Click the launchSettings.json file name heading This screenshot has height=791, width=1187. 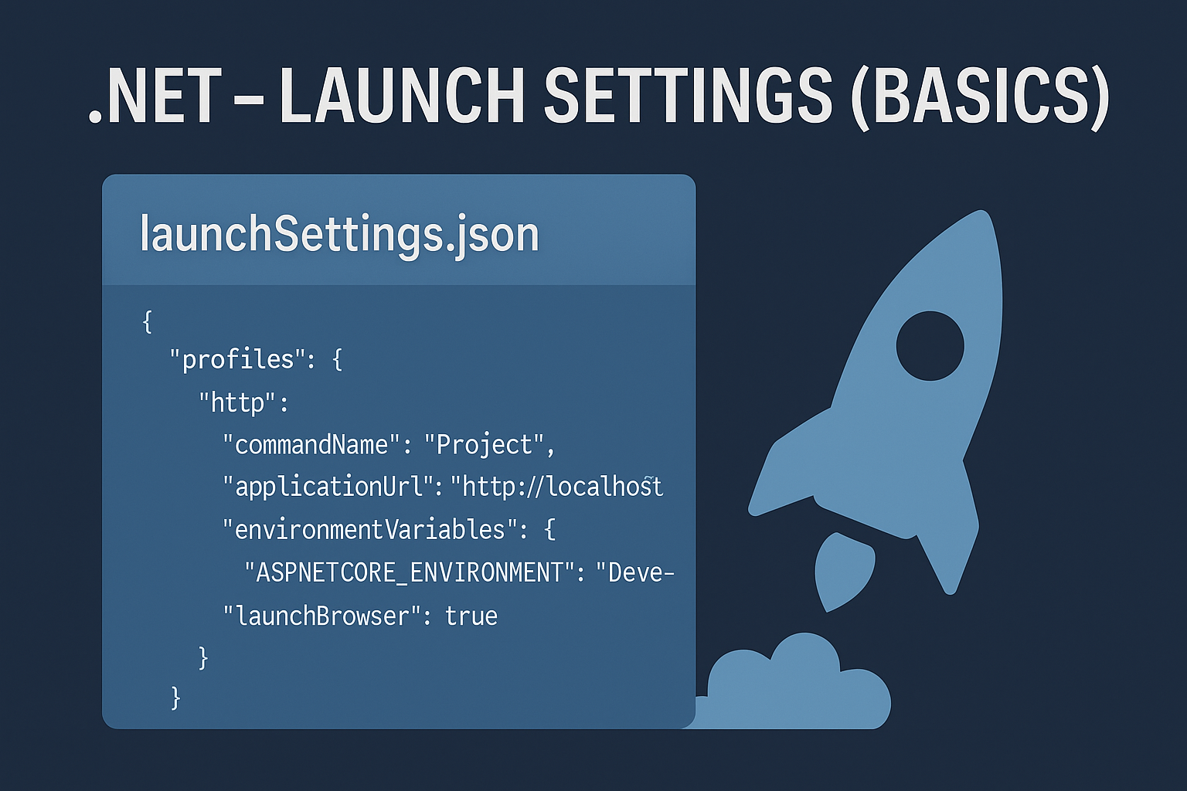pos(339,235)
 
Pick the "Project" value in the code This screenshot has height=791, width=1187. pos(484,445)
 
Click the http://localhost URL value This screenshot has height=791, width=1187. pos(556,487)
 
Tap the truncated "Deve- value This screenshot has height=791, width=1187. pos(634,573)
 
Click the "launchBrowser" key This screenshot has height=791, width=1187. pos(321,616)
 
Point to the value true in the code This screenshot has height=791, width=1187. pos(471,616)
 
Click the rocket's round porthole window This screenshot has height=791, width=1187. pos(930,345)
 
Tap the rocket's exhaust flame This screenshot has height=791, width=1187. pos(842,573)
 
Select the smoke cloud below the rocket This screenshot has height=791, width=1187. pos(795,689)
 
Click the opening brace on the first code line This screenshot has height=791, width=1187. pos(148,321)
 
